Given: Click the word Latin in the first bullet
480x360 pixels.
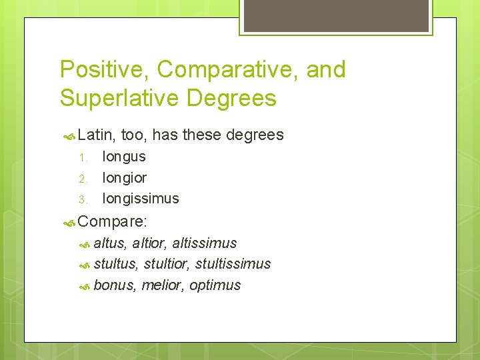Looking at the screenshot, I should pyautogui.click(x=96, y=135).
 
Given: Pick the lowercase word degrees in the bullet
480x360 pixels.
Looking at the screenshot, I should pyautogui.click(x=255, y=135).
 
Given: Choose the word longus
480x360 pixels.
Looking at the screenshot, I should pyautogui.click(x=124, y=157).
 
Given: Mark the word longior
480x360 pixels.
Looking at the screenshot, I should pyautogui.click(x=124, y=178).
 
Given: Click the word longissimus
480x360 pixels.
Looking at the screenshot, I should pyautogui.click(x=141, y=199).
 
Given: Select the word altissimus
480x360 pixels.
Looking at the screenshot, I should pyautogui.click(x=205, y=243).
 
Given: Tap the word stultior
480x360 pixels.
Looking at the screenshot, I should pyautogui.click(x=167, y=264).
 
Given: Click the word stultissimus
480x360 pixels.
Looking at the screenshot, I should pyautogui.click(x=233, y=264).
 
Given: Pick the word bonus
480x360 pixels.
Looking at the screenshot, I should pyautogui.click(x=114, y=285).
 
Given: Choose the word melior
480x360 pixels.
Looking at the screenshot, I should pyautogui.click(x=163, y=285).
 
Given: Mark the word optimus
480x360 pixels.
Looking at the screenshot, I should pyautogui.click(x=215, y=286).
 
